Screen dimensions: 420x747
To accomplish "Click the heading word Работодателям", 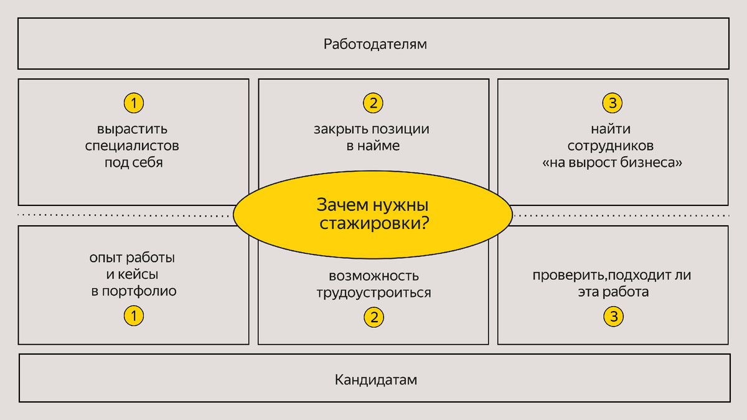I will click(x=375, y=44).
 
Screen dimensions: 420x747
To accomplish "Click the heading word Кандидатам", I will click(x=375, y=380).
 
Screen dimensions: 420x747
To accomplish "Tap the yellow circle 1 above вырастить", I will click(x=133, y=103).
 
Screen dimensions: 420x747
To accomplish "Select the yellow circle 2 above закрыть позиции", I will click(x=373, y=103).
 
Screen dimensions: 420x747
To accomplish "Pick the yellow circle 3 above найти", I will click(x=613, y=103).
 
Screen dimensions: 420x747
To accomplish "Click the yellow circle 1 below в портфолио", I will click(x=133, y=316).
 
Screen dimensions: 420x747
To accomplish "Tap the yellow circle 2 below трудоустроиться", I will click(x=374, y=317).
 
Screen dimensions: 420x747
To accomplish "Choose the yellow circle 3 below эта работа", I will click(x=613, y=317).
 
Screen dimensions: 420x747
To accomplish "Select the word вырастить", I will click(x=133, y=130).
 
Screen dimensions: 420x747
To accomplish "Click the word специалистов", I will click(x=133, y=147).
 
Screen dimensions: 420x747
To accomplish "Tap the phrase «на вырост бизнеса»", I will click(x=613, y=164).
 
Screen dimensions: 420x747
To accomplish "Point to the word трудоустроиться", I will click(x=374, y=292).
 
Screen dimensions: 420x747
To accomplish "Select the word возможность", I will click(x=374, y=276).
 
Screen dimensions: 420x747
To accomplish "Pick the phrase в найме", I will click(x=373, y=147).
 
